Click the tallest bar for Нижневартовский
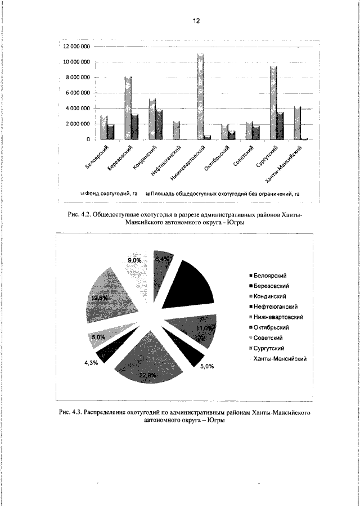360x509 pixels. [x=200, y=96]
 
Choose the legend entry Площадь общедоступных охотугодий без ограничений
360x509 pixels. [x=225, y=193]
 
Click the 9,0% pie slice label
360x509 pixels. [x=133, y=260]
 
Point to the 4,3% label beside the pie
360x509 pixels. [x=91, y=363]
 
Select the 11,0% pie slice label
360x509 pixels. [x=204, y=328]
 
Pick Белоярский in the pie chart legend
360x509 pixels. [x=271, y=276]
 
